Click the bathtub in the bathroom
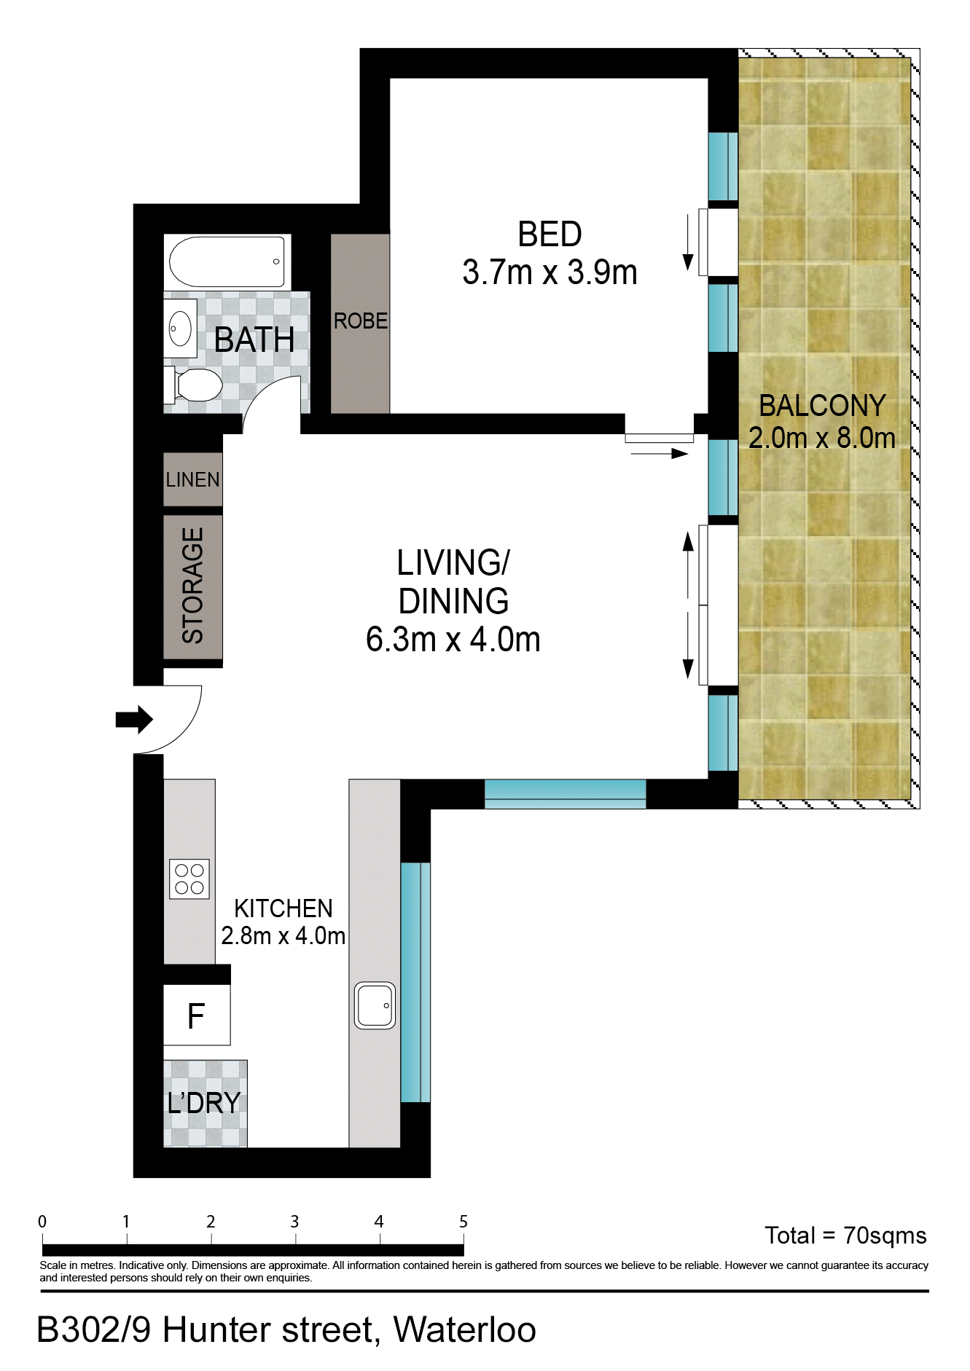[227, 262]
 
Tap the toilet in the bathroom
[194, 385]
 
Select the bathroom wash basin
[180, 329]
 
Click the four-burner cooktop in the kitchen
[189, 879]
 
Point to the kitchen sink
[375, 1005]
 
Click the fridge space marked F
[197, 1016]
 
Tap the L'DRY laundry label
[204, 1103]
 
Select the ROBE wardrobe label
[361, 321]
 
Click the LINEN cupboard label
[193, 479]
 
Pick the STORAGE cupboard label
[192, 586]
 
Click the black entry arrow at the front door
[134, 720]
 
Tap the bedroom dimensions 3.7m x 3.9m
[550, 272]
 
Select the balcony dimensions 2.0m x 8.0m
[822, 438]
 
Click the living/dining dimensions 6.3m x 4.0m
[453, 640]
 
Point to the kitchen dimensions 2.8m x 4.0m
[283, 935]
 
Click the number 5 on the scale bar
[464, 1222]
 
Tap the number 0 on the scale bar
[42, 1222]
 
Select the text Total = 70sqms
[845, 1236]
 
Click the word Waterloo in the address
[465, 1329]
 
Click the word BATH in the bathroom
[254, 340]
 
